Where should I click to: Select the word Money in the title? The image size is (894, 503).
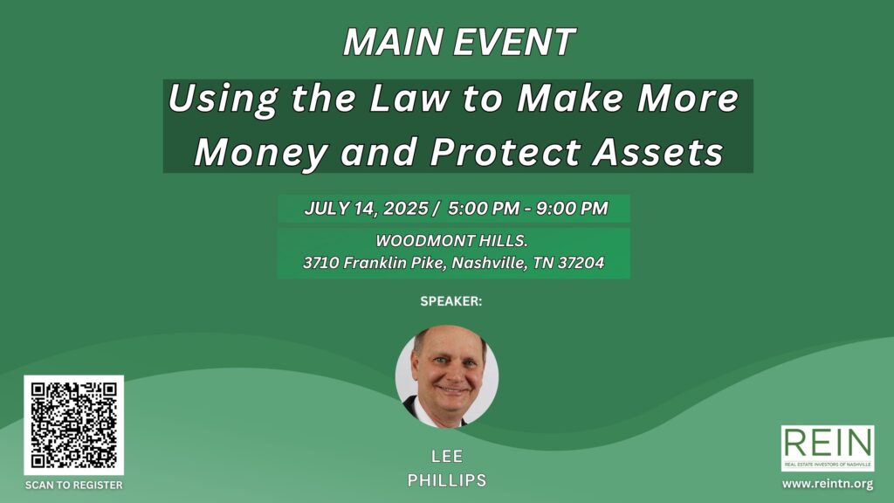click(261, 153)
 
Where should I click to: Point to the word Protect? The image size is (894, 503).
click(505, 152)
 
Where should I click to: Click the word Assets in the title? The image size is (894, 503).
click(658, 152)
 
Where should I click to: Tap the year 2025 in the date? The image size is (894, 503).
click(405, 208)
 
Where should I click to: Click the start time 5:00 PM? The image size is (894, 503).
click(484, 208)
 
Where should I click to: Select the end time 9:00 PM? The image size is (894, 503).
click(572, 208)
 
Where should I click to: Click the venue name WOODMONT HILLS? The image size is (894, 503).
click(451, 241)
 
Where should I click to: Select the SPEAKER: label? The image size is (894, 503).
click(451, 301)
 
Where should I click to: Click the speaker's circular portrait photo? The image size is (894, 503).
click(447, 376)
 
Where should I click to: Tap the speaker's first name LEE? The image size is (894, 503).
click(447, 456)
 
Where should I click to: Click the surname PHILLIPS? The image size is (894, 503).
click(447, 480)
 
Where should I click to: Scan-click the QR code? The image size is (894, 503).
click(73, 425)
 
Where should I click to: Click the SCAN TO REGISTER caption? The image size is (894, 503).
click(73, 486)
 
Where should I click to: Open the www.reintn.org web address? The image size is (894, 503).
click(828, 484)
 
